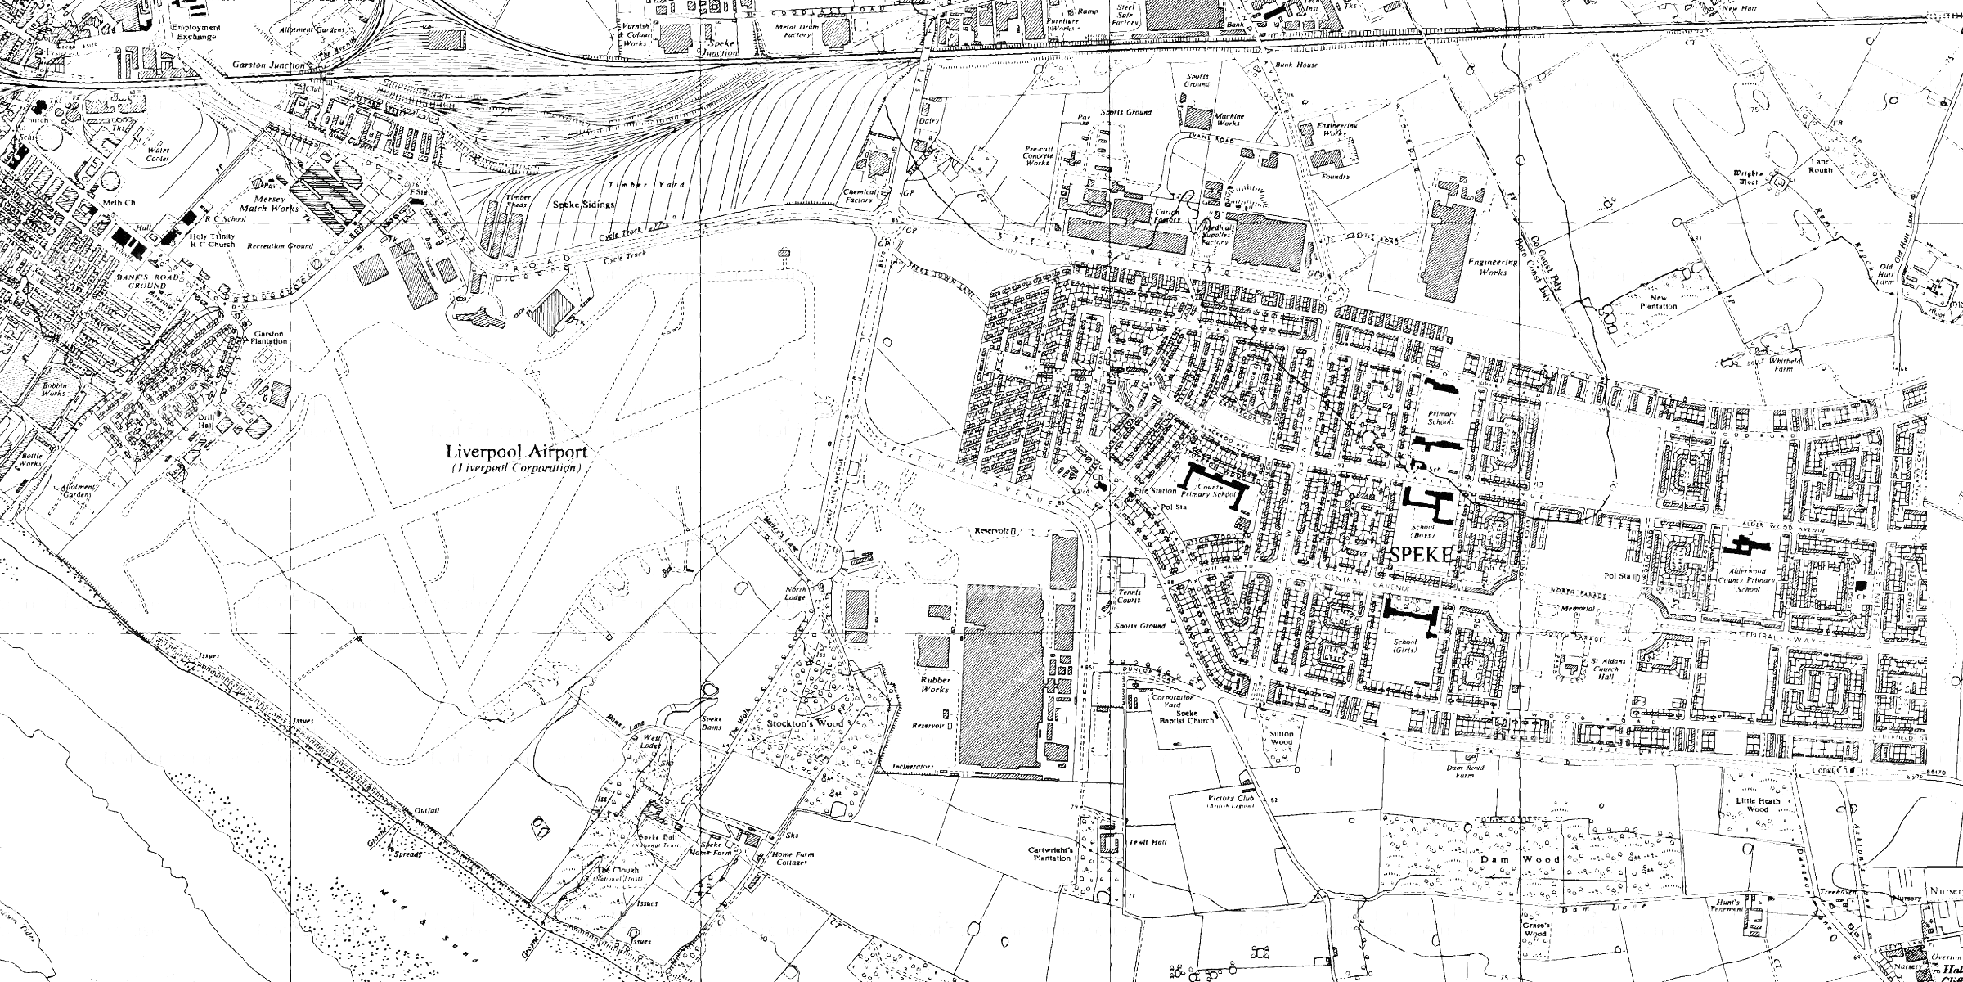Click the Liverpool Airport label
click(x=516, y=452)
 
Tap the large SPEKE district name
click(x=1422, y=555)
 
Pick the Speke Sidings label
click(x=584, y=205)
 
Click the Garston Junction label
click(x=270, y=64)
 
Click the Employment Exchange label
click(x=195, y=31)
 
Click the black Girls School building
click(x=1412, y=612)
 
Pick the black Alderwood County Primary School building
click(x=1745, y=543)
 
